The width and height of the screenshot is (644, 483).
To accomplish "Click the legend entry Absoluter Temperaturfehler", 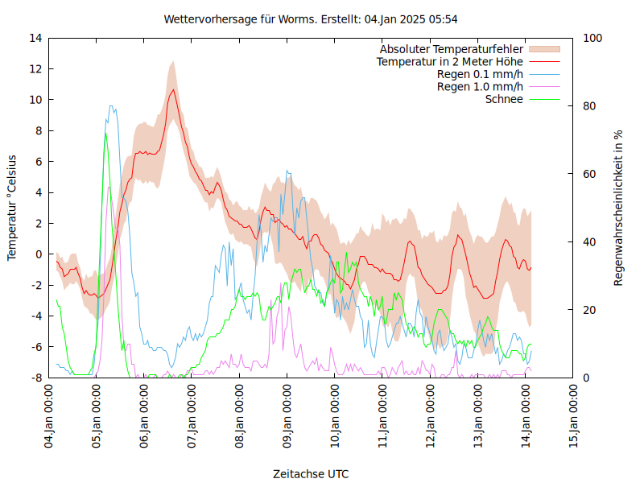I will pyautogui.click(x=452, y=49).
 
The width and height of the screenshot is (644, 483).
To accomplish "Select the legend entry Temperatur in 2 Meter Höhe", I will pyautogui.click(x=450, y=61).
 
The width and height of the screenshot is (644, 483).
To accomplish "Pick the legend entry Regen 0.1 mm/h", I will pyautogui.click(x=480, y=74).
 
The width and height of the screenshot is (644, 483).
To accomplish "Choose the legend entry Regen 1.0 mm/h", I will pyautogui.click(x=480, y=86).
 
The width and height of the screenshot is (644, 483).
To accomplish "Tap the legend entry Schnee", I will pyautogui.click(x=504, y=99).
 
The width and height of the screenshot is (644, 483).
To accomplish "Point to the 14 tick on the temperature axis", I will pyautogui.click(x=36, y=38).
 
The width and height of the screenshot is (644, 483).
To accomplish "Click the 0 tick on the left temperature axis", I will pyautogui.click(x=39, y=254).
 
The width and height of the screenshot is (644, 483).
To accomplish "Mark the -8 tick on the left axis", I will pyautogui.click(x=36, y=378).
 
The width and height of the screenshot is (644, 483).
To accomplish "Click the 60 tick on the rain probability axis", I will pyautogui.click(x=588, y=174).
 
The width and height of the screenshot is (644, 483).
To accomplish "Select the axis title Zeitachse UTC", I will pyautogui.click(x=311, y=473).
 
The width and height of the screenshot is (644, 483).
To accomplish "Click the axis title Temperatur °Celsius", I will pyautogui.click(x=12, y=208).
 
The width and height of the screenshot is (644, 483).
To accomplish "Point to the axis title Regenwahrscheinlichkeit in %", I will pyautogui.click(x=619, y=208).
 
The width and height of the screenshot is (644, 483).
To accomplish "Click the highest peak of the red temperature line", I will pyautogui.click(x=172, y=89).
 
